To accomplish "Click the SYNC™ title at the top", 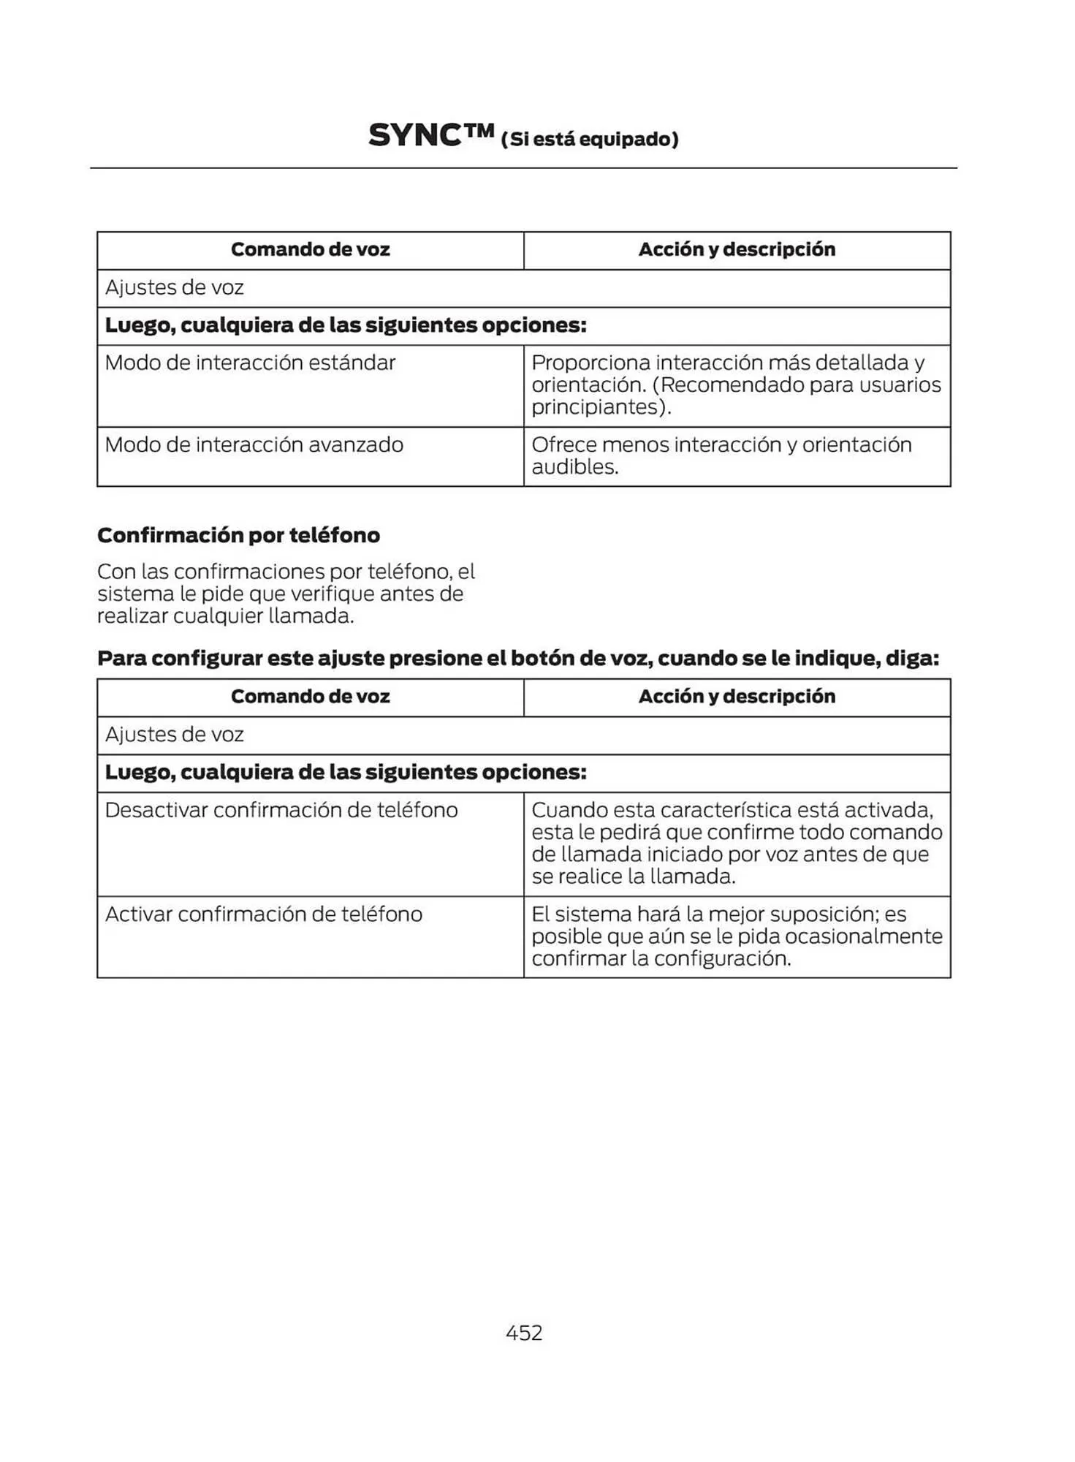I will (x=431, y=136).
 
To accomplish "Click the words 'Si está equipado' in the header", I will (x=589, y=140).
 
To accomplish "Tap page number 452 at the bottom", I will (x=524, y=1332).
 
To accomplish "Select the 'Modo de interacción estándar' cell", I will (x=250, y=363).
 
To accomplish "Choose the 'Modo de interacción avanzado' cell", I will (x=254, y=444).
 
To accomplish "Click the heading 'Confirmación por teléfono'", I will (x=238, y=535).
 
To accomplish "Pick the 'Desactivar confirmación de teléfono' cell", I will (x=281, y=810).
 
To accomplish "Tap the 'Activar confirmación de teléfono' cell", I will (x=263, y=914).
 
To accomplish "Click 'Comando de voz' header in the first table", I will (x=310, y=250).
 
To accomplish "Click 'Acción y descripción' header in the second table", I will (x=737, y=697).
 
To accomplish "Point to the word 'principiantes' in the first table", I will (x=599, y=407).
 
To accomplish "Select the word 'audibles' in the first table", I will (x=574, y=467).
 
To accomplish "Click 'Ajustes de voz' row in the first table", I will (x=174, y=288).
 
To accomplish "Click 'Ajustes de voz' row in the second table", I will (x=174, y=735).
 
